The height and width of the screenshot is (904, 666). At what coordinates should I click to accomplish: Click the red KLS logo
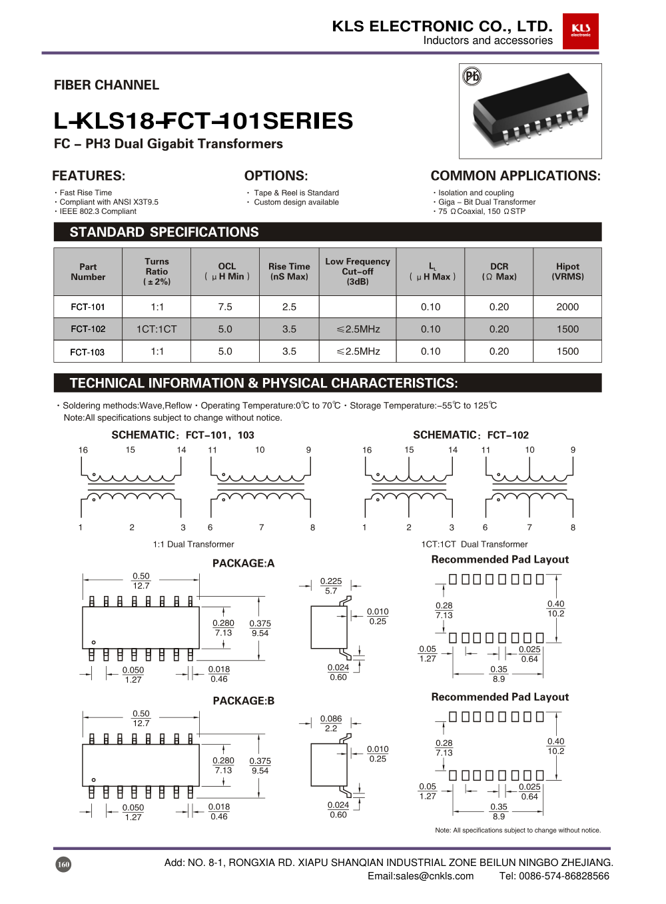[580, 31]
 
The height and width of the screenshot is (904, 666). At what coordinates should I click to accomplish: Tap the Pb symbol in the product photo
[472, 76]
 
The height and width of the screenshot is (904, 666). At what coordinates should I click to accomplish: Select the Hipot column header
[567, 271]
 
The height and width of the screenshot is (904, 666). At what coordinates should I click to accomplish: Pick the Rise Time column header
[289, 271]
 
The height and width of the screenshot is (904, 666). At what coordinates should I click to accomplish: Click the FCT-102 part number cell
[88, 329]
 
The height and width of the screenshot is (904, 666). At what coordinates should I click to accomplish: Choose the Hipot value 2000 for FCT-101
[567, 307]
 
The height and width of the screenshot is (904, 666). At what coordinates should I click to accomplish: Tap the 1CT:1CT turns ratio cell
[157, 329]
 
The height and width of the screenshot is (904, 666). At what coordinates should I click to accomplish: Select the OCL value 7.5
[225, 307]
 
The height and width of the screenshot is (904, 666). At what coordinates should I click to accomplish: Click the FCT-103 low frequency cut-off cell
[358, 351]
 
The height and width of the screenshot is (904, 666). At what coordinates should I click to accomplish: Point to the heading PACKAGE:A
[243, 563]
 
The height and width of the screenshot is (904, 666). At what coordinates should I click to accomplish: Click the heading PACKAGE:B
[243, 701]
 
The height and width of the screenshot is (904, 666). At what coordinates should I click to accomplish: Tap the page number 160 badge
[63, 865]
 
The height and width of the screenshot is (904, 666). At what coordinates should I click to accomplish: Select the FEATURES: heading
[89, 176]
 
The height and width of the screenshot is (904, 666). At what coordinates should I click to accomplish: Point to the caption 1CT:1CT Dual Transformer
[474, 545]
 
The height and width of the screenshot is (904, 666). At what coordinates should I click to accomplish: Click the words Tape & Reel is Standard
[296, 193]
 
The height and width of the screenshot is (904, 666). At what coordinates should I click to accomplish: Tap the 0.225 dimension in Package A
[331, 581]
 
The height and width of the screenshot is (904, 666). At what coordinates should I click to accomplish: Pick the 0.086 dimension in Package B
[331, 719]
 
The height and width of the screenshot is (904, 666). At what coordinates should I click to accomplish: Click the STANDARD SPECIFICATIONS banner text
[165, 232]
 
